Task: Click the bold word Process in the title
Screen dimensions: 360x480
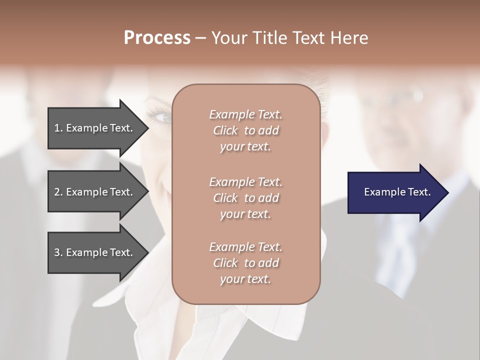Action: (x=157, y=38)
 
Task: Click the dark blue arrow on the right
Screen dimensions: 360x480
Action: (x=395, y=192)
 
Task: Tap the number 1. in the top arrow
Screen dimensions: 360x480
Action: (x=58, y=128)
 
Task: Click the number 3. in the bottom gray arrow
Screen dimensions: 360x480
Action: (x=58, y=252)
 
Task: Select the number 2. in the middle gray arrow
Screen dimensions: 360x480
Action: (x=58, y=192)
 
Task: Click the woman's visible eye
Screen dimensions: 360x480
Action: (x=162, y=117)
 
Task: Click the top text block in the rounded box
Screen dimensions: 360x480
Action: (x=245, y=130)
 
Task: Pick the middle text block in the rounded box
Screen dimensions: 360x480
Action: (x=245, y=197)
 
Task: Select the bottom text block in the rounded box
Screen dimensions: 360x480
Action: (x=245, y=263)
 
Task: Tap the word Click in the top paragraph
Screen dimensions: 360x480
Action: (x=225, y=131)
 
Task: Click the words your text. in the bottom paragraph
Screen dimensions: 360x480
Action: (x=245, y=279)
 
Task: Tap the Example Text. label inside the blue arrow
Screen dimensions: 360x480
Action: (x=397, y=192)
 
